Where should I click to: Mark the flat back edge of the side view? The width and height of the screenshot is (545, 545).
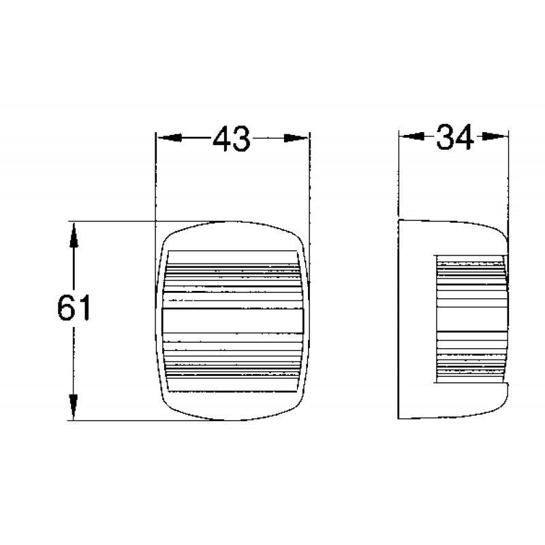[400, 320]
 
